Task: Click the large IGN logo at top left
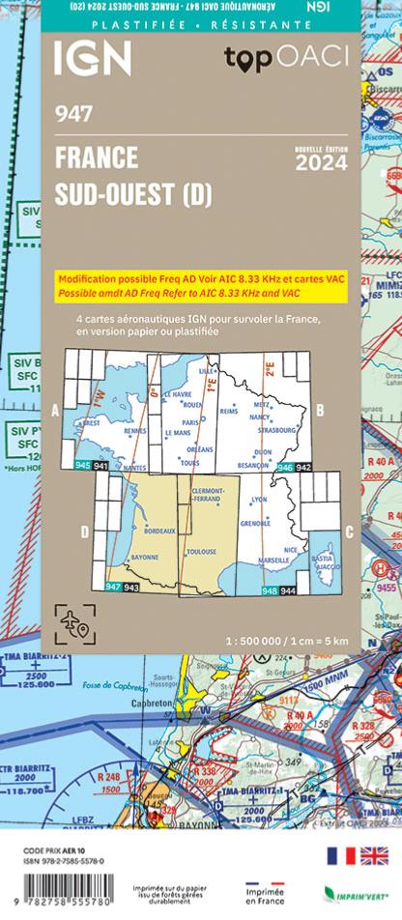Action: (93, 60)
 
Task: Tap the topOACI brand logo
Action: (284, 58)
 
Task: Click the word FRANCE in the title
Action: (97, 157)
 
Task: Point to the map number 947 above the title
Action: (73, 115)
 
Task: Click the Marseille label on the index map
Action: (275, 560)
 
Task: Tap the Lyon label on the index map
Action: (259, 500)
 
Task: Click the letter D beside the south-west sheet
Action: (84, 531)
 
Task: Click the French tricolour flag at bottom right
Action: (340, 855)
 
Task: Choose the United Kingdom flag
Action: (374, 855)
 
